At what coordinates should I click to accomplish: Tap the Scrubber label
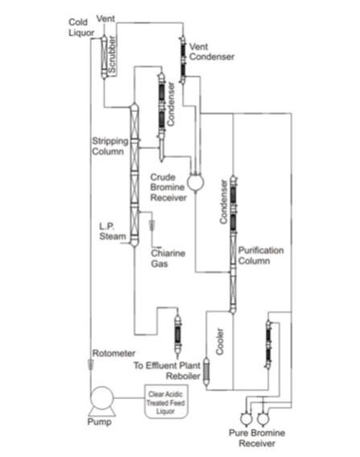coord(113,55)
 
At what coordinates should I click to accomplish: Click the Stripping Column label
coord(107,146)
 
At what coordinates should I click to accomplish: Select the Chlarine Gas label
coord(168,258)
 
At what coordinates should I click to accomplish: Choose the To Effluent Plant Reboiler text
coord(168,370)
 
